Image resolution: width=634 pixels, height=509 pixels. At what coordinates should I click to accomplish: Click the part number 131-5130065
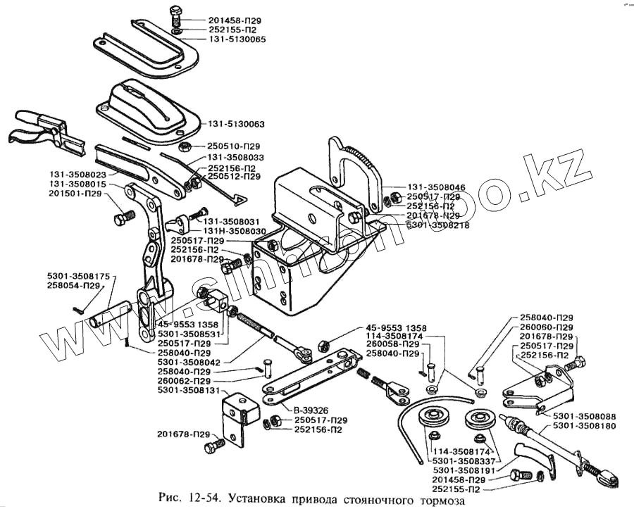[237, 40]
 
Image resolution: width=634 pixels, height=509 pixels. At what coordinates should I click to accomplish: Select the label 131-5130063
[235, 124]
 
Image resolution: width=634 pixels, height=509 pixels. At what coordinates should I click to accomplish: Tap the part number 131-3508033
[235, 158]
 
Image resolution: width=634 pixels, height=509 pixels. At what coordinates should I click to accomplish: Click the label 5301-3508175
[78, 277]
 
